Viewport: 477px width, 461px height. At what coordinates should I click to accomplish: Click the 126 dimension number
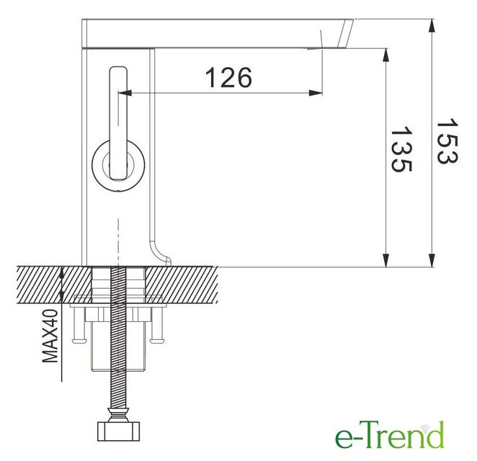click(x=228, y=77)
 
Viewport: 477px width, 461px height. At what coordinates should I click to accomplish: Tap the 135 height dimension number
click(x=401, y=149)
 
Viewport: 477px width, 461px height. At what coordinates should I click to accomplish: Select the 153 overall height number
click(x=447, y=141)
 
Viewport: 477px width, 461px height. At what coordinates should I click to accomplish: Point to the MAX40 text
click(x=50, y=336)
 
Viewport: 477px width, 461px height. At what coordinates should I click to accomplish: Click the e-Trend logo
click(x=390, y=434)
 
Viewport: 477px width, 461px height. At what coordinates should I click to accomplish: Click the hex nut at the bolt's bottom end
click(x=118, y=431)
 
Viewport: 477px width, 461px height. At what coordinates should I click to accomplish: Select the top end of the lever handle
click(x=118, y=68)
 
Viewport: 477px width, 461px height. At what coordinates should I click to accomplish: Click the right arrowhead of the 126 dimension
click(x=316, y=93)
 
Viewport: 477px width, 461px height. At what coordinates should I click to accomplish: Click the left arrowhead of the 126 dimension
click(x=125, y=93)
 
